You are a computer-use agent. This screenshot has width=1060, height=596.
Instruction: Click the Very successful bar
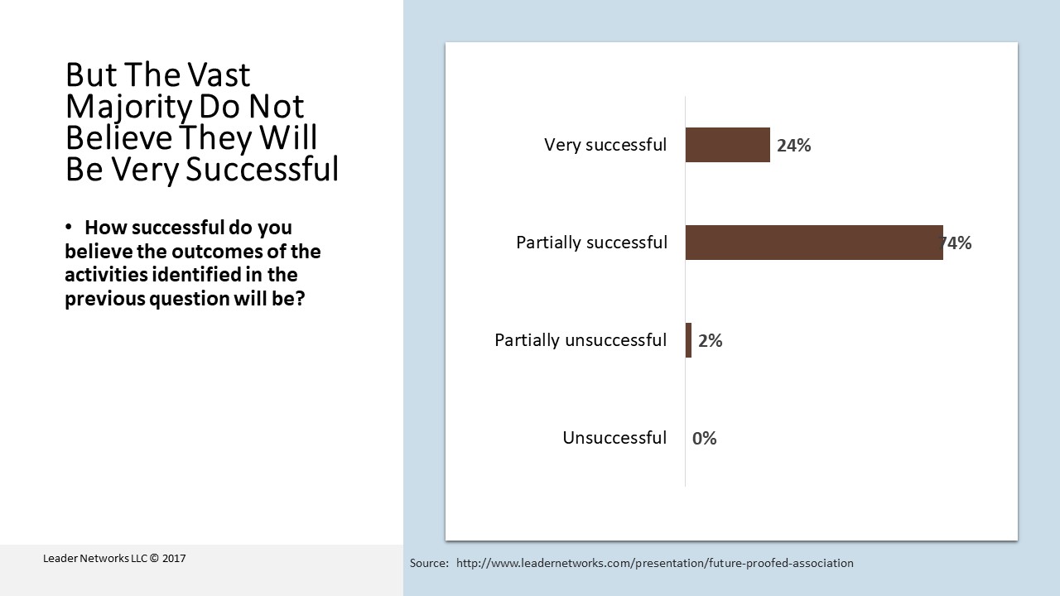pyautogui.click(x=728, y=145)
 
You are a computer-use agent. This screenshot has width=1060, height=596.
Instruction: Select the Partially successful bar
pyautogui.click(x=814, y=243)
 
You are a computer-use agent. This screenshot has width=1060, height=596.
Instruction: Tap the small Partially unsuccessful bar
pyautogui.click(x=688, y=340)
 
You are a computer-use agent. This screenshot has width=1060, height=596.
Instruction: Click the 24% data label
pyautogui.click(x=793, y=145)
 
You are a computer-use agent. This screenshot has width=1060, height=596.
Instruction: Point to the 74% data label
pyautogui.click(x=956, y=243)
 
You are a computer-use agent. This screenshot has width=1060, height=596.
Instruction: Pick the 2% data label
pyautogui.click(x=711, y=340)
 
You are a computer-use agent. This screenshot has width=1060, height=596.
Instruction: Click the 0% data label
pyautogui.click(x=704, y=439)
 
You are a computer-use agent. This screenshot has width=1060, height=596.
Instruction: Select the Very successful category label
pyautogui.click(x=605, y=145)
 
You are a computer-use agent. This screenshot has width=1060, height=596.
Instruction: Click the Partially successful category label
pyautogui.click(x=591, y=243)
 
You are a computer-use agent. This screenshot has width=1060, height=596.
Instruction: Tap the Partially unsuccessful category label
pyautogui.click(x=581, y=340)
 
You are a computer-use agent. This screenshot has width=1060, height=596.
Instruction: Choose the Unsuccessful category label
pyautogui.click(x=614, y=438)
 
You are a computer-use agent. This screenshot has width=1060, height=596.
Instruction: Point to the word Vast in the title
pyautogui.click(x=218, y=74)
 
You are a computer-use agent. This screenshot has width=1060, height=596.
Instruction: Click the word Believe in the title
pyautogui.click(x=118, y=137)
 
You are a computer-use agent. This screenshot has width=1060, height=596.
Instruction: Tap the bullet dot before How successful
pyautogui.click(x=69, y=227)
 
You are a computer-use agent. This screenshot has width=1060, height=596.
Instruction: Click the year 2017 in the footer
pyautogui.click(x=174, y=559)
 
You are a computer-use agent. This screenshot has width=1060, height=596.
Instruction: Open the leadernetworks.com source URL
pyautogui.click(x=655, y=564)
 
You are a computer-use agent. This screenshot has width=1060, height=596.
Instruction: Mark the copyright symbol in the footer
pyautogui.click(x=154, y=559)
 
